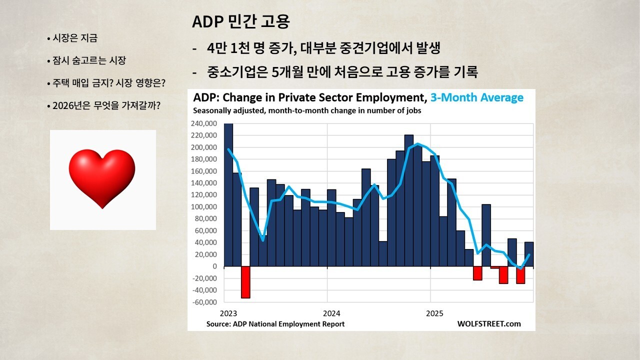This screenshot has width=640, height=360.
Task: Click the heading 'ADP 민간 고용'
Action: (241, 22)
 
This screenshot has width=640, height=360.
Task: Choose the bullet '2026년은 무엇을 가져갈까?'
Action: (106, 106)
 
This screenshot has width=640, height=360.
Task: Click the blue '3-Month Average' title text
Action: (477, 97)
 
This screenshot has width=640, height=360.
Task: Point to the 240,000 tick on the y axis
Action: (204, 123)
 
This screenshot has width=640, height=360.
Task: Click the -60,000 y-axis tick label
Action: (204, 302)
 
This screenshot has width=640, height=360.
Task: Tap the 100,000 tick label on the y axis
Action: (204, 207)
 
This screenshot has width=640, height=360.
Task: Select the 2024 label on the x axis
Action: (332, 313)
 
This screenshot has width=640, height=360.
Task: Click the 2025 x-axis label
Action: (435, 313)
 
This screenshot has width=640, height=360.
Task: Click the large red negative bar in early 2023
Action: (245, 282)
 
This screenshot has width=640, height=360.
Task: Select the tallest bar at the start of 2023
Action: (228, 194)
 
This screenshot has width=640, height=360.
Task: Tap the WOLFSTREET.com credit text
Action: (488, 324)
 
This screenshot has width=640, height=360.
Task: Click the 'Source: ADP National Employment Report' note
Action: (275, 324)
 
